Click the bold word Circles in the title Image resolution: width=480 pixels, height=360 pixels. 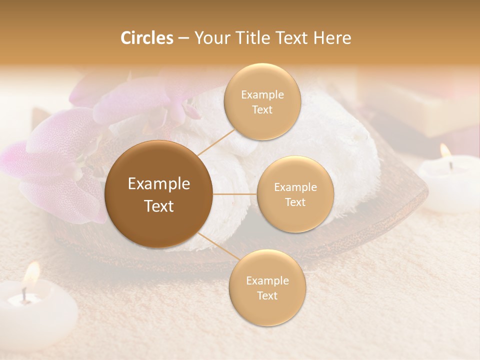coord(146,38)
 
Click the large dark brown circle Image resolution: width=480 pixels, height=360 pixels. coord(159,194)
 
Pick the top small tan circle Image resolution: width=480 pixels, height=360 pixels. coord(262,101)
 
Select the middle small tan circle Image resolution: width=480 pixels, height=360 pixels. coord(295,194)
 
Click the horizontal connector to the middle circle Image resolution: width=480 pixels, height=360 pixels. coord(235,194)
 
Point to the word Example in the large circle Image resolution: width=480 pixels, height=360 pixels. coord(159,184)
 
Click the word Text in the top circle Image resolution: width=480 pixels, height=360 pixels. coord(262,109)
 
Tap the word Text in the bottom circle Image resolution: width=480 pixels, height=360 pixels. coord(267,295)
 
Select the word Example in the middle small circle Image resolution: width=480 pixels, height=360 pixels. coord(295,187)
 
